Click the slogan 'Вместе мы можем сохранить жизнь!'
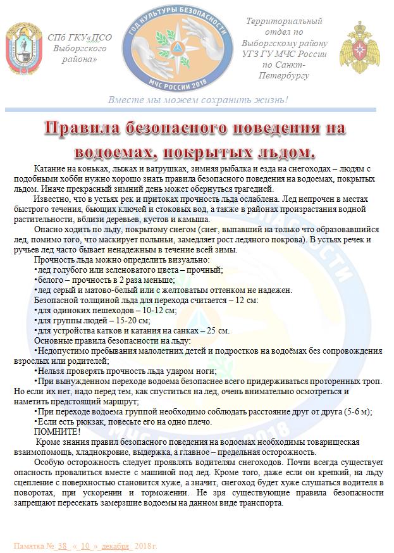tap(198, 100)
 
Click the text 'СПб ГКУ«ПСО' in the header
tap(79, 38)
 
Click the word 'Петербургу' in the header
tap(283, 75)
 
